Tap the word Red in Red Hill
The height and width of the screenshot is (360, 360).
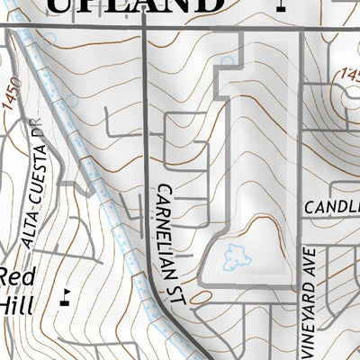(x=15, y=277)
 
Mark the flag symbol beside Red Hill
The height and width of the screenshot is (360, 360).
(x=64, y=294)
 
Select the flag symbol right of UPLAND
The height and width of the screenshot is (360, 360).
(x=282, y=5)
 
